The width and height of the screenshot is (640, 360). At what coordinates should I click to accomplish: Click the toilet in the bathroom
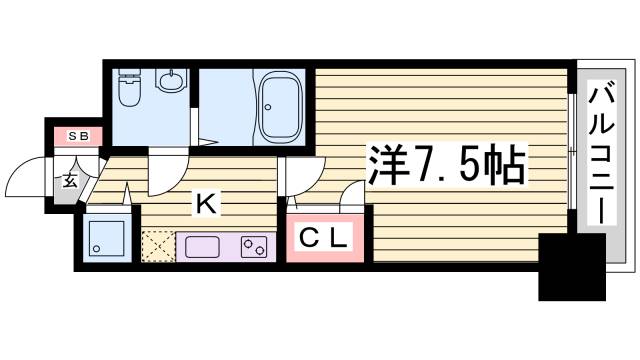click(129, 90)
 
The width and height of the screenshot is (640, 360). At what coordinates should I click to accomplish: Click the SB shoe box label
click(77, 134)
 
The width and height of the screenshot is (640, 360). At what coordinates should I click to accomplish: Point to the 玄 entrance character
click(71, 181)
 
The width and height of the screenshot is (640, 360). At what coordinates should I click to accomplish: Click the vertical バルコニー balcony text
click(601, 155)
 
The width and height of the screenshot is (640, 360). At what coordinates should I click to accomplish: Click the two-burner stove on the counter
click(255, 245)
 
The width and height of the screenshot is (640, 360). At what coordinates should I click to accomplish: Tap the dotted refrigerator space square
click(158, 246)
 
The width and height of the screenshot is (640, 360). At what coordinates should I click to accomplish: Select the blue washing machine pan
click(105, 238)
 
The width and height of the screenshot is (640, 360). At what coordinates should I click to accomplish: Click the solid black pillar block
click(573, 266)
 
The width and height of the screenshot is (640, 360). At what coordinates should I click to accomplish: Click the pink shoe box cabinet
click(77, 134)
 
